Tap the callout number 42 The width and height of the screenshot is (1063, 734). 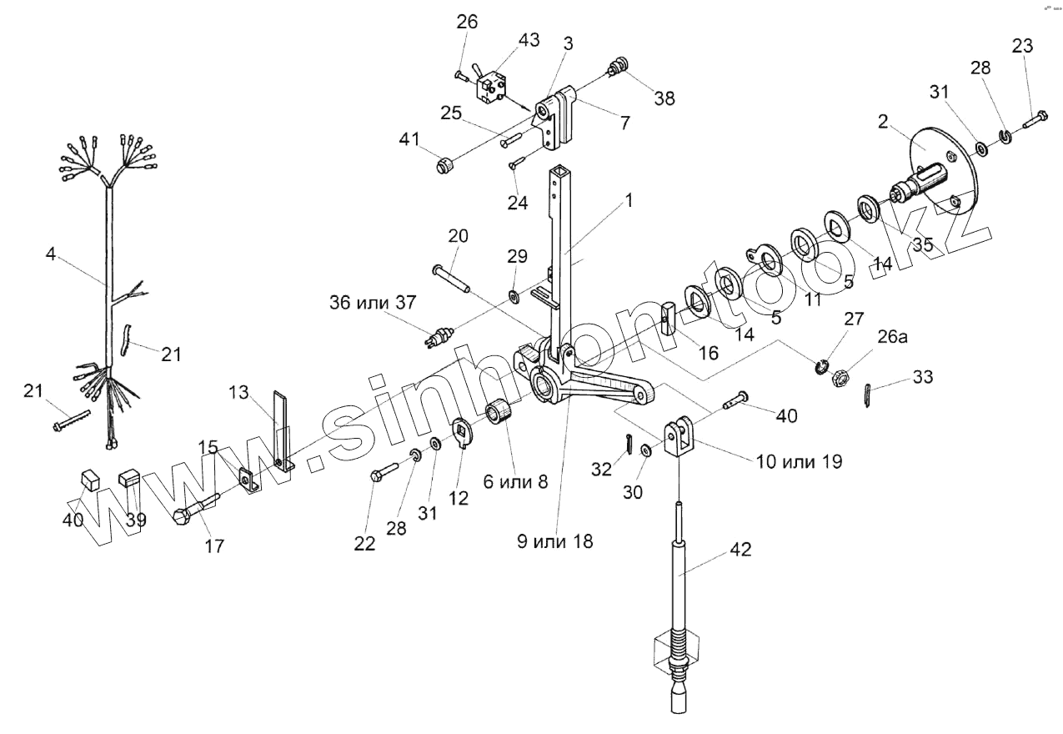pyautogui.click(x=740, y=550)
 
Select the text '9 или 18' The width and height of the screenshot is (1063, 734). pyautogui.click(x=556, y=540)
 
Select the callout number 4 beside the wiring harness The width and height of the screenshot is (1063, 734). pyautogui.click(x=51, y=254)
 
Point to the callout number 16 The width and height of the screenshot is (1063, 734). pyautogui.click(x=708, y=353)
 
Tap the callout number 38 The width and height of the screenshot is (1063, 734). pyautogui.click(x=664, y=98)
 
